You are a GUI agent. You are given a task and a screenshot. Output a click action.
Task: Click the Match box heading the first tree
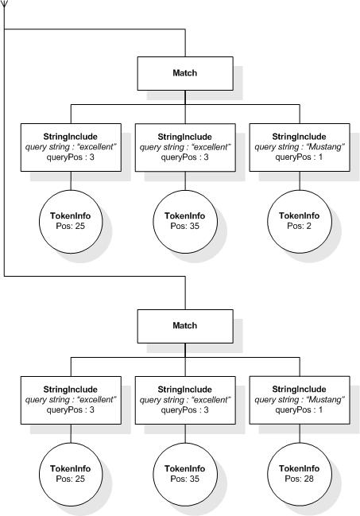(x=184, y=73)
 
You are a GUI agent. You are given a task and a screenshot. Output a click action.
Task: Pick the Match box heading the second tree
(x=184, y=326)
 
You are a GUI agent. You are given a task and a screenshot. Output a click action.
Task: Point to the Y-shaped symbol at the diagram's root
(x=5, y=6)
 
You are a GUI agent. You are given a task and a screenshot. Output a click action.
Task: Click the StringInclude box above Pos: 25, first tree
(x=71, y=147)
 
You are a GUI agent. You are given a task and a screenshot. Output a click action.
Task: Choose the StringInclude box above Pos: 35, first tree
(x=184, y=147)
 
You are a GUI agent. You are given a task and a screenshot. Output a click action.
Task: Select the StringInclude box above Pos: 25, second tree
(x=71, y=399)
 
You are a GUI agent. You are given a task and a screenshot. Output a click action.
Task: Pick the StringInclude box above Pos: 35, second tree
(x=184, y=399)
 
